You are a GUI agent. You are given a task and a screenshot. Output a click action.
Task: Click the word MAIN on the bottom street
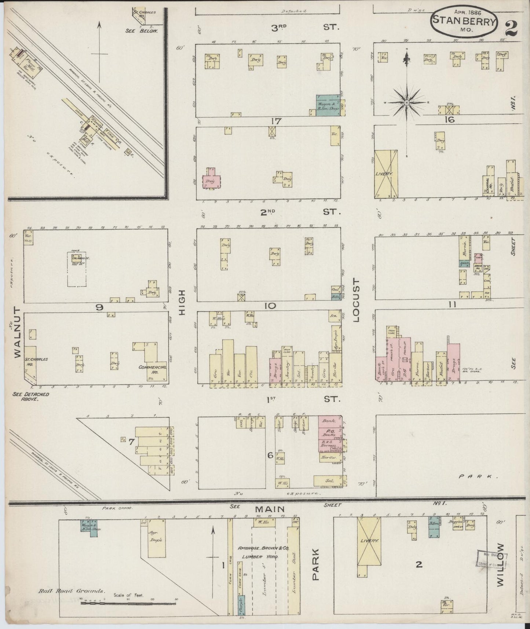tap(270, 509)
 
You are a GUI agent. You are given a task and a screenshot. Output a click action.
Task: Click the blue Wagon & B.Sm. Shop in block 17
tap(328, 106)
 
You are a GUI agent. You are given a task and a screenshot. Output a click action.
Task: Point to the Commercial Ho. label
tap(153, 369)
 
